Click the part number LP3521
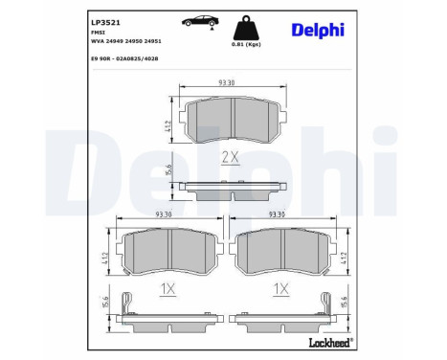click(x=77, y=20)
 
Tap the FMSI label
click(x=71, y=33)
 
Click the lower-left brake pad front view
click(x=168, y=252)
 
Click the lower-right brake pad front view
click(x=282, y=252)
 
